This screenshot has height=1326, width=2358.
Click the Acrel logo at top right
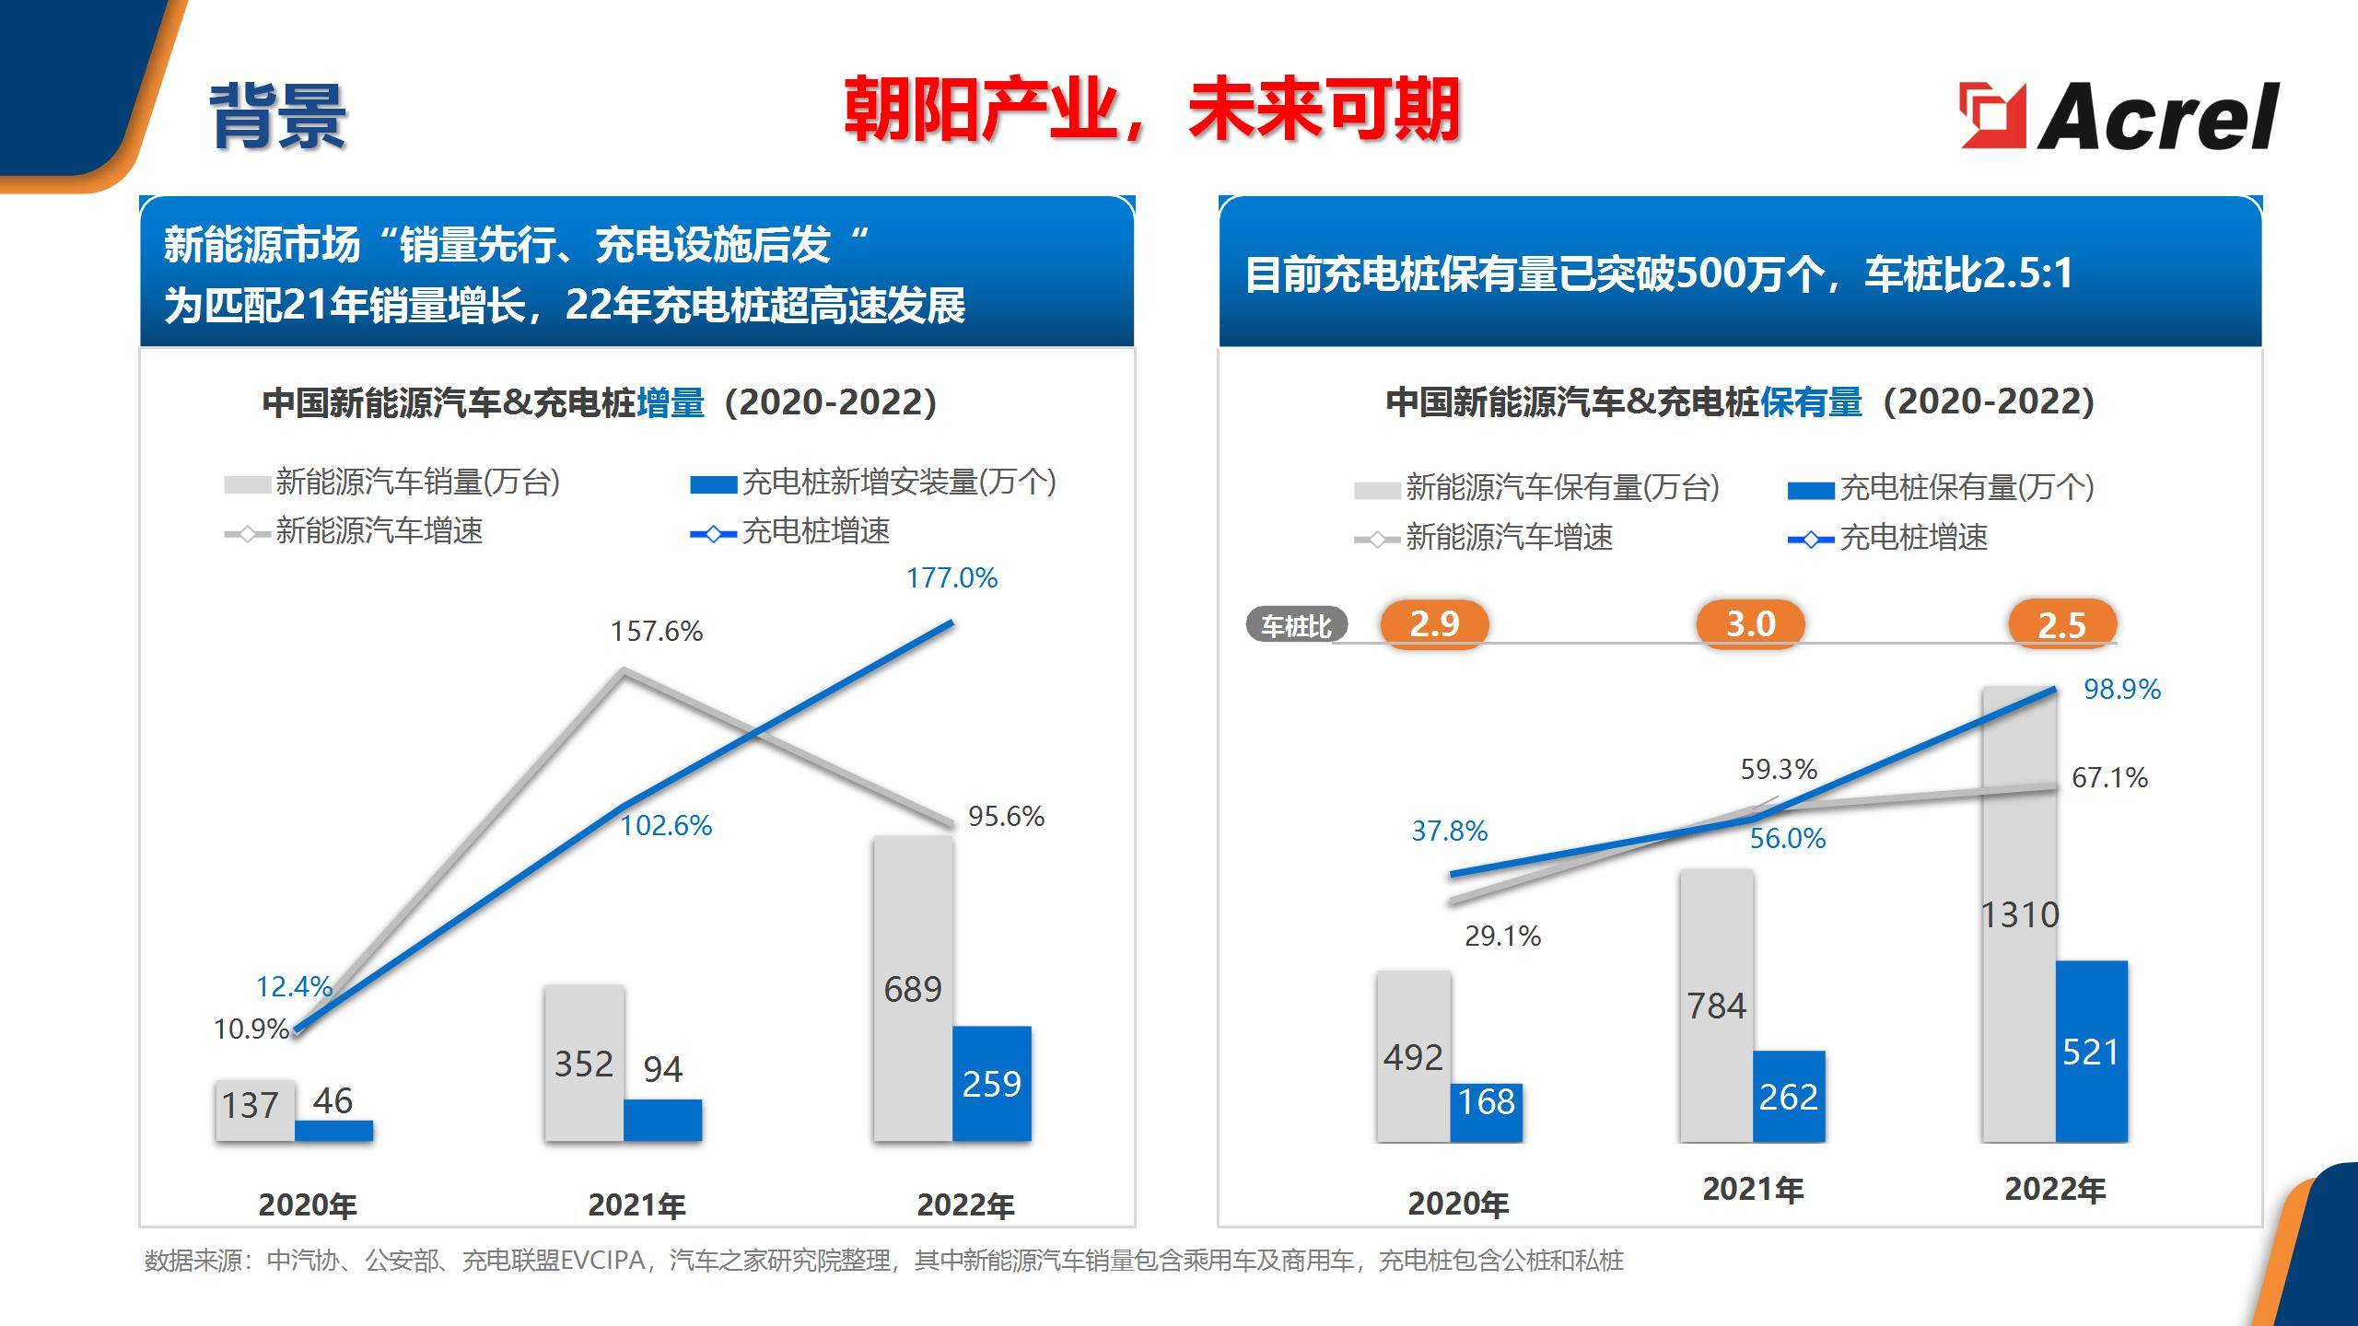pos(2119,115)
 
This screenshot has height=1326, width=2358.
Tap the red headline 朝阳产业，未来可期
pos(1151,110)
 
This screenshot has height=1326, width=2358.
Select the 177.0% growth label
pos(951,578)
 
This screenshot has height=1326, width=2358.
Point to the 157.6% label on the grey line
pos(656,632)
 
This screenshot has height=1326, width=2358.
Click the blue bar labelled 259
pos(991,1084)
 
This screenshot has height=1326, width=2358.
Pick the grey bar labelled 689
pos(913,989)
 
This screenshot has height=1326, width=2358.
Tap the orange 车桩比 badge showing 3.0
pos(1750,624)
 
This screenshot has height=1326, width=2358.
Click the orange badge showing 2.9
pos(1434,624)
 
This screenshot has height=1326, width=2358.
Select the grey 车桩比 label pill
pos(1296,626)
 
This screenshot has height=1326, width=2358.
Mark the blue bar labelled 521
pos(2091,1052)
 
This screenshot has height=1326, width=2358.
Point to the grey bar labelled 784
pos(1716,1006)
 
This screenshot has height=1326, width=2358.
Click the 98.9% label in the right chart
pos(2121,690)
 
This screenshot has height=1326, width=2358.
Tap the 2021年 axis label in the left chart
pos(636,1205)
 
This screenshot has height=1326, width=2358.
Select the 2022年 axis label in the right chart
pos(2055,1190)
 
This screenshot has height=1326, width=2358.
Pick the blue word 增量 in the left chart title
pos(671,402)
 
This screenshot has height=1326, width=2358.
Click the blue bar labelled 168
pos(1487,1111)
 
